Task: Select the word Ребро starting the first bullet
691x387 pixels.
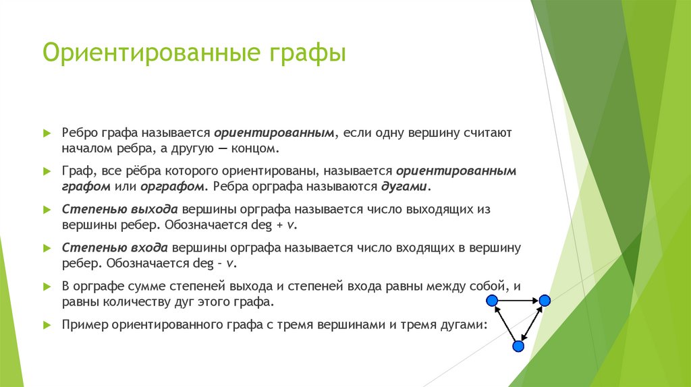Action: point(82,133)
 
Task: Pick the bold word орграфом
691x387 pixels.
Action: point(165,185)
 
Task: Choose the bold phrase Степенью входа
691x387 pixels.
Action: point(115,248)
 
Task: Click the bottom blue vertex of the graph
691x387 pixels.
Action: point(518,346)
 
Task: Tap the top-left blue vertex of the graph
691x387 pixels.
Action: point(493,299)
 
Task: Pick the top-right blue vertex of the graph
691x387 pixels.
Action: point(545,299)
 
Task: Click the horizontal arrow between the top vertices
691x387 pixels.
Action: point(518,299)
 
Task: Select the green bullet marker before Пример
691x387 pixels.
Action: point(47,324)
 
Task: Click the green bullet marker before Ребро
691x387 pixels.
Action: point(47,133)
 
